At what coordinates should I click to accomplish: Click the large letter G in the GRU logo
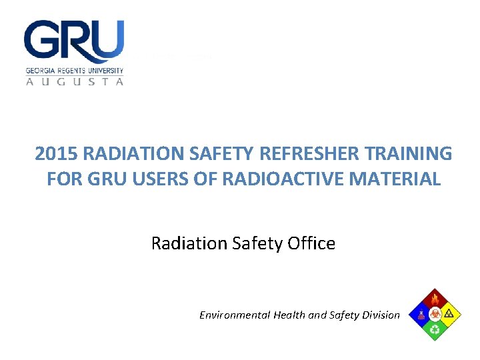tap(42, 41)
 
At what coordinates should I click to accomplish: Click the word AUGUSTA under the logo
tap(75, 81)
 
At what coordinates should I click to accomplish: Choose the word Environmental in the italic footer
tap(235, 315)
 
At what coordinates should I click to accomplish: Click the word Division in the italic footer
tap(380, 315)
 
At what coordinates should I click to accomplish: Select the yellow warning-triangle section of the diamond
tap(450, 313)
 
